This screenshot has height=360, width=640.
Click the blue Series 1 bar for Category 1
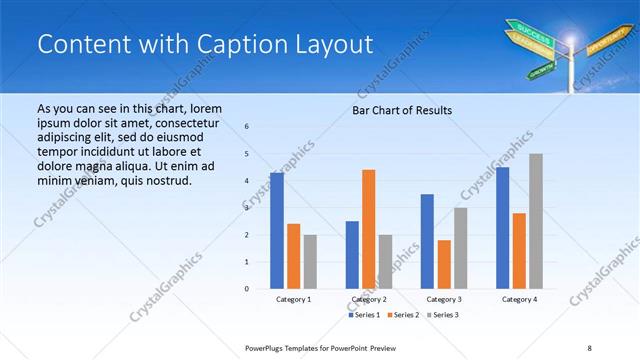coord(276,231)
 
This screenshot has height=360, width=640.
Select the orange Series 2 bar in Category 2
coord(368,229)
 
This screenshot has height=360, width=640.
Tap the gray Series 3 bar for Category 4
coord(536,221)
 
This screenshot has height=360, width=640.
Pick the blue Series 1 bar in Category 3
coord(427,241)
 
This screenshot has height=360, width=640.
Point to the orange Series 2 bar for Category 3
coord(444,264)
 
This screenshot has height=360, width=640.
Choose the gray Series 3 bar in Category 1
coord(310,261)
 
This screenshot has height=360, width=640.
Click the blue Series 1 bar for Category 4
coord(502,228)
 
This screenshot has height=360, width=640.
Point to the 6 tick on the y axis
coord(246,126)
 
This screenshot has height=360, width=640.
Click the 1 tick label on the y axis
coord(246,262)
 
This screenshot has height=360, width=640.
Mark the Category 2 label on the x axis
coord(369,299)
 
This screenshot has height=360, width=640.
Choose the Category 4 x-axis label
coord(519,299)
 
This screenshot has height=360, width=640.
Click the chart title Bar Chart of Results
coord(402,110)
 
